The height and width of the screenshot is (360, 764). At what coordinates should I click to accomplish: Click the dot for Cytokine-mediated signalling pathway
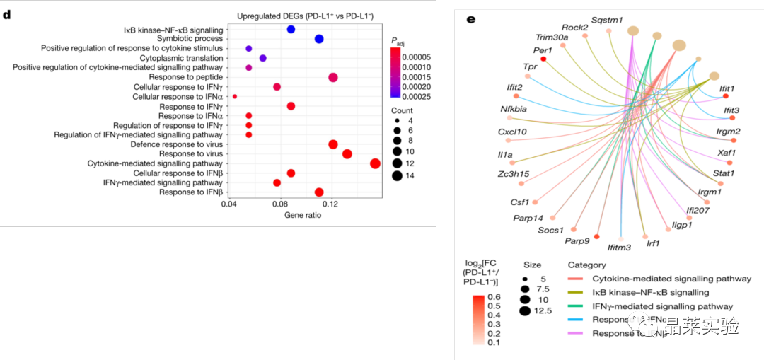(x=375, y=163)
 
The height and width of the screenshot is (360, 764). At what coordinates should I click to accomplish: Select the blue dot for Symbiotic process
(x=319, y=39)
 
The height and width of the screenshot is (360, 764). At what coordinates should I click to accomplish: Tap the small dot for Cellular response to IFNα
(x=235, y=96)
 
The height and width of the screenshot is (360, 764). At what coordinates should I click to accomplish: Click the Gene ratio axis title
(x=303, y=215)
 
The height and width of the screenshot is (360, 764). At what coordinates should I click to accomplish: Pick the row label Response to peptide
(x=186, y=77)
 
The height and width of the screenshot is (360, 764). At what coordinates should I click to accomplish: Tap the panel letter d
(x=7, y=14)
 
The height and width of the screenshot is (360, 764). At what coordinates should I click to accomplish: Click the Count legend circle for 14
(x=397, y=176)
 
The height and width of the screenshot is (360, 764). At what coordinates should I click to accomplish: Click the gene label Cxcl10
(x=512, y=132)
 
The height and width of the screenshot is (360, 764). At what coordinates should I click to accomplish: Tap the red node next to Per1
(x=543, y=59)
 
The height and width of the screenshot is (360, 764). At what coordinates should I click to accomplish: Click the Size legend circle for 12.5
(x=524, y=310)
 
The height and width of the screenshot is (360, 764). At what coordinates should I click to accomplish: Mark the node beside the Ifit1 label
(x=726, y=95)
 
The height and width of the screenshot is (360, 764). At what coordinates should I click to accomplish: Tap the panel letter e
(x=471, y=18)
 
